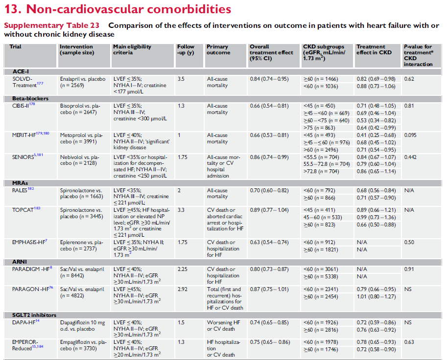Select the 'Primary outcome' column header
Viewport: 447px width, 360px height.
pyautogui.click(x=217, y=49)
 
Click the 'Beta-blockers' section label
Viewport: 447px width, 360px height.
pyautogui.click(x=30, y=98)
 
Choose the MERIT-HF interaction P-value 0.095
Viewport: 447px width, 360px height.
pyautogui.click(x=411, y=135)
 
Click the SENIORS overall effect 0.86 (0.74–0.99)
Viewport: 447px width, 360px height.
pyautogui.click(x=269, y=157)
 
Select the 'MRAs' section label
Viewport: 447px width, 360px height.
pyautogui.click(x=21, y=182)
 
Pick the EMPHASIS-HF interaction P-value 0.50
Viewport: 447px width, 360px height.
pyautogui.click(x=409, y=242)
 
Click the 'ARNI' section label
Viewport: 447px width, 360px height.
pyautogui.click(x=21, y=262)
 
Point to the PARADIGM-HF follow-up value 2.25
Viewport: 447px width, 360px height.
pyautogui.click(x=182, y=269)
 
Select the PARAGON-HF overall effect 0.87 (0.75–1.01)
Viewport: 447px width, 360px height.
pyautogui.click(x=269, y=289)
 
